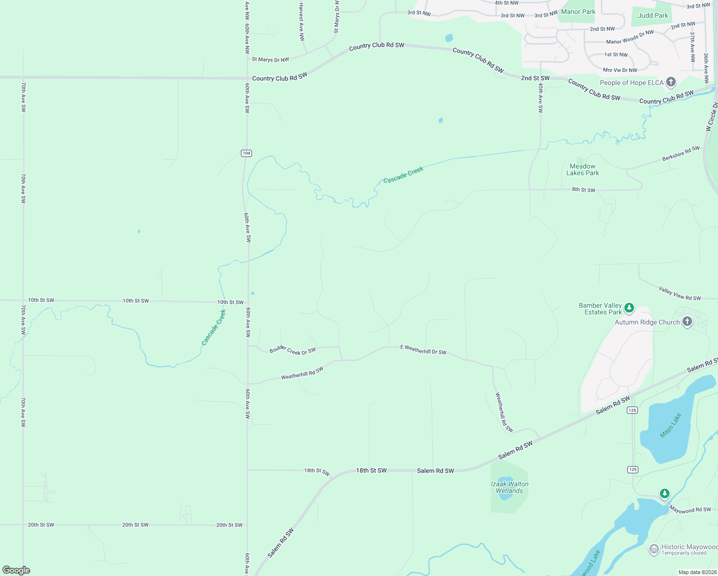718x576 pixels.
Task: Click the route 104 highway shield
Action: [x=246, y=153]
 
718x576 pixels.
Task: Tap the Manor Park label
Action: [x=578, y=12]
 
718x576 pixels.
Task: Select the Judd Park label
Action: [x=653, y=15]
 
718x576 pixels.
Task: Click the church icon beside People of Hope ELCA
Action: [x=671, y=82]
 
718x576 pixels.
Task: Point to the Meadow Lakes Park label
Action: [x=583, y=169]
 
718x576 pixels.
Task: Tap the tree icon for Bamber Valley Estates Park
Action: [x=629, y=308]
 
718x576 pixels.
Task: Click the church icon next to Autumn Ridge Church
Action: [x=687, y=322]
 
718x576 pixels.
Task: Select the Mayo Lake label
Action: [x=670, y=425]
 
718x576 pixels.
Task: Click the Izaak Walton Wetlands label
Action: [x=510, y=487]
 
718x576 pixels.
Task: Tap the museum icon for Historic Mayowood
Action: [x=654, y=549]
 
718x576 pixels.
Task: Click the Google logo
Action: [x=16, y=570]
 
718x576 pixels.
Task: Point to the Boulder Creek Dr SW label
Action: [x=292, y=350]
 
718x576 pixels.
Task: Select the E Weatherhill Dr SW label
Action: [x=423, y=349]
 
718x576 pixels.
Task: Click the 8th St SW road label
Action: [x=583, y=190]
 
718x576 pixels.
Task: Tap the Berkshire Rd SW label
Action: [x=681, y=153]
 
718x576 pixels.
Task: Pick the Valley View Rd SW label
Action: [x=680, y=293]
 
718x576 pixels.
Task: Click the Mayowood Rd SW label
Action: [x=690, y=510]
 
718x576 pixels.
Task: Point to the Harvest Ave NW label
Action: [x=301, y=22]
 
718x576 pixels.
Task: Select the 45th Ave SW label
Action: [x=540, y=98]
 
